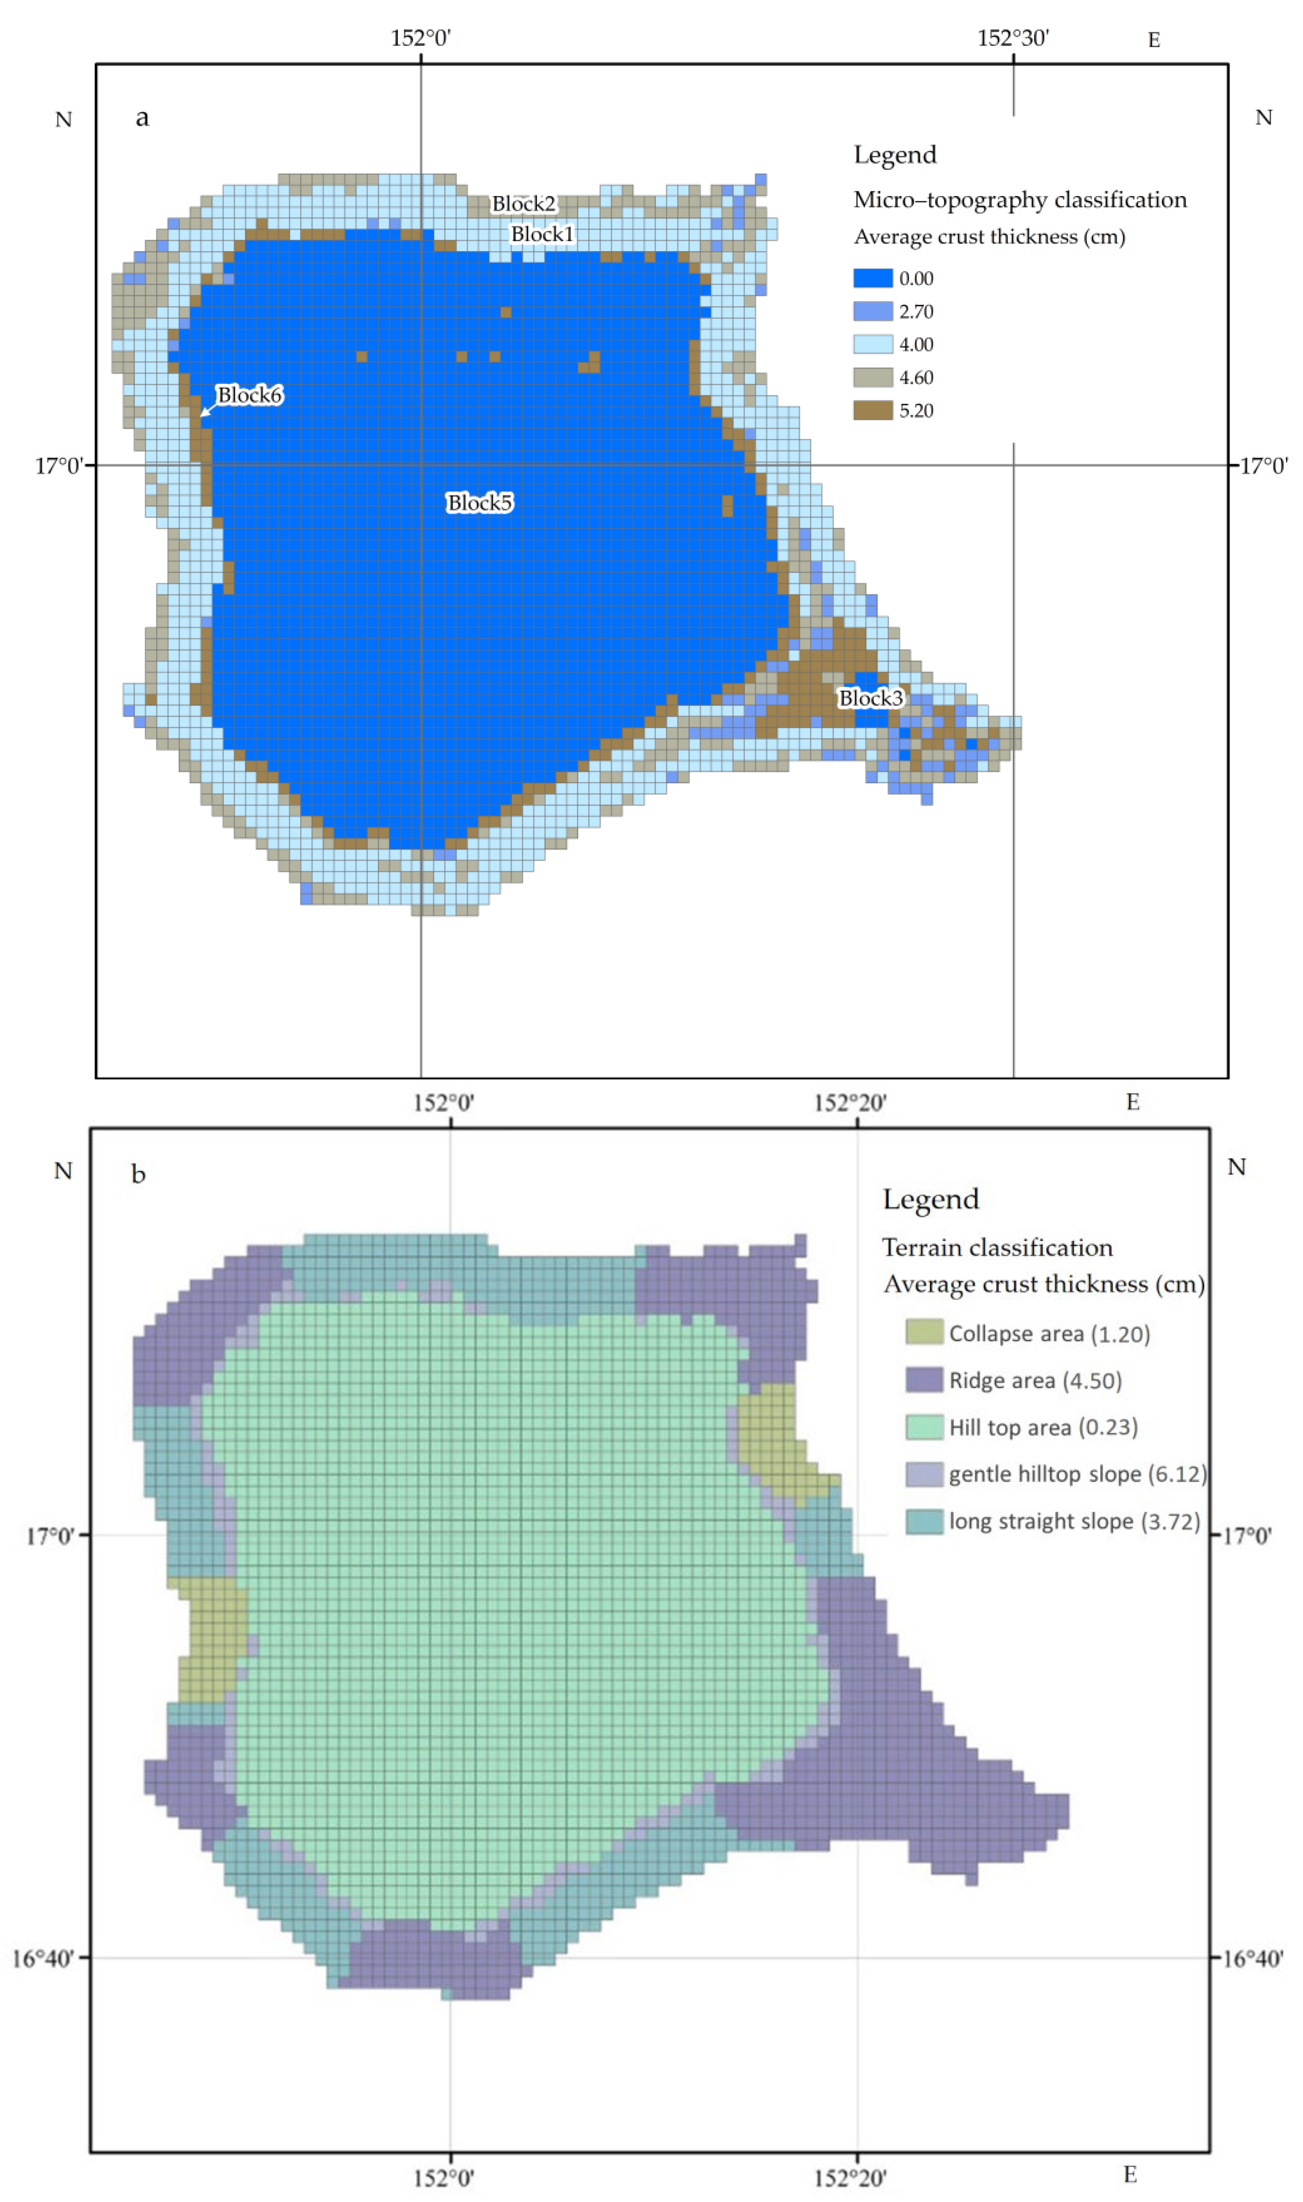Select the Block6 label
(x=249, y=395)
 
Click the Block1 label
(x=542, y=234)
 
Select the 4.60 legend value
(x=916, y=378)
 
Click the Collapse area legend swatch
(x=924, y=1331)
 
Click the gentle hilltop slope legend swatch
(x=924, y=1474)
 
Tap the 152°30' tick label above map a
(x=1012, y=38)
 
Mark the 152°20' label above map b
(x=849, y=1102)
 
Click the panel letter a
(x=142, y=118)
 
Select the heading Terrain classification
(x=996, y=1247)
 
